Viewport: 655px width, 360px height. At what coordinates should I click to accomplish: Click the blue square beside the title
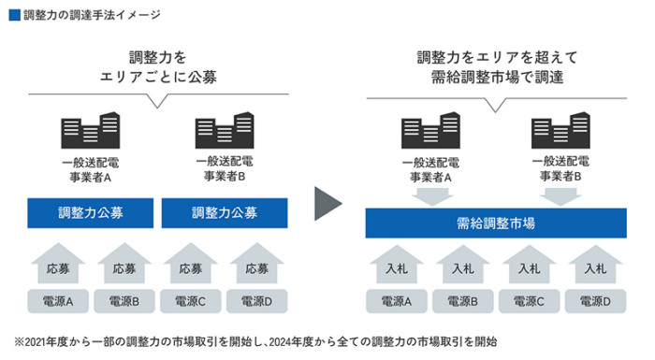15,15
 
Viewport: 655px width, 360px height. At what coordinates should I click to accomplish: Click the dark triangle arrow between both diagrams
327,204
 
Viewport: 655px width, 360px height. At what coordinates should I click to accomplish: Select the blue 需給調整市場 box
496,223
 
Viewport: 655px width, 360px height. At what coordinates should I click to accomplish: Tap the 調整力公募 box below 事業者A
90,213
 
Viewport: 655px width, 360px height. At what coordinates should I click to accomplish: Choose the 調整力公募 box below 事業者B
225,213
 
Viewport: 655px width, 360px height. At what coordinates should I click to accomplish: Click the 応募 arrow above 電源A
58,264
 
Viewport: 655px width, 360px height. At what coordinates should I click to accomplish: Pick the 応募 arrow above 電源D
257,264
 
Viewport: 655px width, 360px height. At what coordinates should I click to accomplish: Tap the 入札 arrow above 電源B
463,265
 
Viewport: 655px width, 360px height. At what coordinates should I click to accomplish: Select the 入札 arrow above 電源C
529,265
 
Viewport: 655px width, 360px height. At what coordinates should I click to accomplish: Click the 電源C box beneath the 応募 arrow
191,301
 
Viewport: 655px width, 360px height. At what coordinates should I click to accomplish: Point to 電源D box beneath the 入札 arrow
595,301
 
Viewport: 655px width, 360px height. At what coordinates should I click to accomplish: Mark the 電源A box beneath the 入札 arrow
397,301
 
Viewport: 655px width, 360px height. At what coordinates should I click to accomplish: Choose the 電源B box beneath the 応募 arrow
124,301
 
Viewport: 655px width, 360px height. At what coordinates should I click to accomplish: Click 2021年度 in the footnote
46,342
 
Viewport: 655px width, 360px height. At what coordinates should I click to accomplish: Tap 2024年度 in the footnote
290,342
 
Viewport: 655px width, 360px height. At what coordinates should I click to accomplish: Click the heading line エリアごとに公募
158,78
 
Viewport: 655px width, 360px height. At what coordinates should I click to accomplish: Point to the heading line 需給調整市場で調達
497,78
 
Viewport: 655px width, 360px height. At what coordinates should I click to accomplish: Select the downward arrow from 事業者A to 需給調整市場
432,196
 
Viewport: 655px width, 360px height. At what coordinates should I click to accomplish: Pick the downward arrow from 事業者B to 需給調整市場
560,196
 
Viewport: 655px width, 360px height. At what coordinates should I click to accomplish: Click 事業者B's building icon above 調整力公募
225,130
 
